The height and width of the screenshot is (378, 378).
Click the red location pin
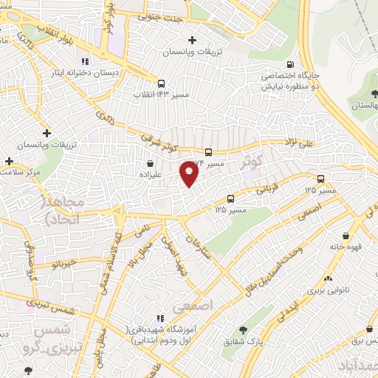(x=190, y=173)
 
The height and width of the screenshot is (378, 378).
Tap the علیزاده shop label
(x=151, y=175)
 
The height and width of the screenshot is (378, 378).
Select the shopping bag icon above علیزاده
(x=151, y=163)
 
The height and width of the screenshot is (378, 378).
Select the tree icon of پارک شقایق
(x=244, y=329)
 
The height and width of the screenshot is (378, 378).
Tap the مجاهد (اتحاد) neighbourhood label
(x=64, y=210)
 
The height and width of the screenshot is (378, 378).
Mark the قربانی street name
(x=267, y=188)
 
